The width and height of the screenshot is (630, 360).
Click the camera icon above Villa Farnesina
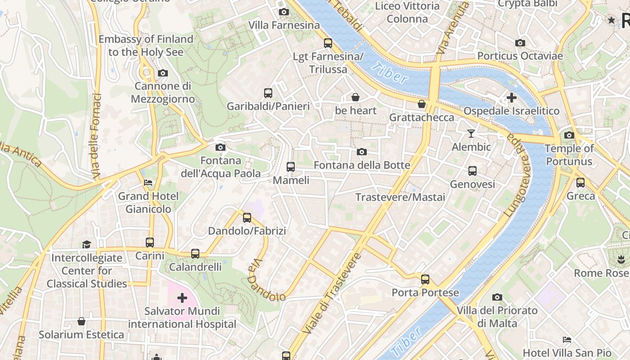pos(283,12)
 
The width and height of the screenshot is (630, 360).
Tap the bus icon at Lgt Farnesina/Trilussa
pos(328,43)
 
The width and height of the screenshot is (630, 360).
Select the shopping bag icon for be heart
pos(355,97)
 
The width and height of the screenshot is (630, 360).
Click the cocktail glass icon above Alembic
pos(471,134)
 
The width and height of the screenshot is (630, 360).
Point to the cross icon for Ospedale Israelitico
pos(511,98)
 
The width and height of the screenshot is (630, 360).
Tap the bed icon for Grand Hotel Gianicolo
pos(148,183)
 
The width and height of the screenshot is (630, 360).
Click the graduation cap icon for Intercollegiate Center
pos(86,244)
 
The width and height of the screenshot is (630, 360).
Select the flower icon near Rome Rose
pos(621,260)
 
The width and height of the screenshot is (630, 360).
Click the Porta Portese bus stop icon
pos(425,279)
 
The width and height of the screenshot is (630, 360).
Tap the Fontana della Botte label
pos(362,165)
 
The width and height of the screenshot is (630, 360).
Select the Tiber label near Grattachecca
pos(390,73)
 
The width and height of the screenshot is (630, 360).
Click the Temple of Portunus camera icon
pos(569,135)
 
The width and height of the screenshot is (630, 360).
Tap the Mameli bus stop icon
pos(291,167)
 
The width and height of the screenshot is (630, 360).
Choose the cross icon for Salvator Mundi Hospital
pos(182,298)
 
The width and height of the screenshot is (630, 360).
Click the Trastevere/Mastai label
pos(400,197)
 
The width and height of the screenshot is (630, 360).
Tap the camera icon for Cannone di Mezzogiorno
pos(163,73)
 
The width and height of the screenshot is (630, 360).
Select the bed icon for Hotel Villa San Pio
pos(567,340)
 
